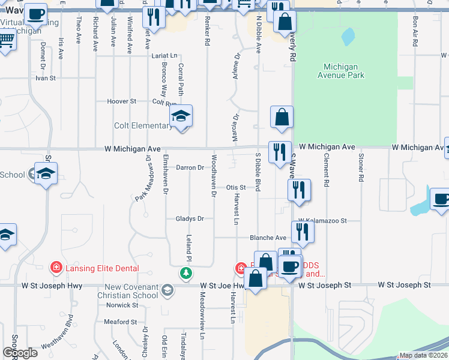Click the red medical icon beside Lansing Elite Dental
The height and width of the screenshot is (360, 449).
[56, 268]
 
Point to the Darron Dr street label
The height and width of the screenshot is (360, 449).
[190, 167]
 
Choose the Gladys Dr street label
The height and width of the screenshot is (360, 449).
[190, 218]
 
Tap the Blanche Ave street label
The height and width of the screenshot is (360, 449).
[268, 238]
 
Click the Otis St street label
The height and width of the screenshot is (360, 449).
[236, 187]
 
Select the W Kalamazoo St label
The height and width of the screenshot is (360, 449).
[322, 221]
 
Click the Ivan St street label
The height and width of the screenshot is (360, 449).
[45, 78]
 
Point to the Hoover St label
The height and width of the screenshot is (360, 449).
[122, 101]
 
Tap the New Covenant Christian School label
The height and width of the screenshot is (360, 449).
[131, 291]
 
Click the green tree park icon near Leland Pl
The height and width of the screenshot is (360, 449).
[186, 274]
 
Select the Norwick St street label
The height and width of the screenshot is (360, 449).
[122, 305]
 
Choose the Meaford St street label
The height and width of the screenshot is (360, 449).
[121, 322]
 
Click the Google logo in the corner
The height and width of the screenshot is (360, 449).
[20, 353]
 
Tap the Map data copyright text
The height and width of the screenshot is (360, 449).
[424, 355]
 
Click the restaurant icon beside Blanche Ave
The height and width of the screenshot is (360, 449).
[303, 231]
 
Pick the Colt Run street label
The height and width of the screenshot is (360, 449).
[163, 102]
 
